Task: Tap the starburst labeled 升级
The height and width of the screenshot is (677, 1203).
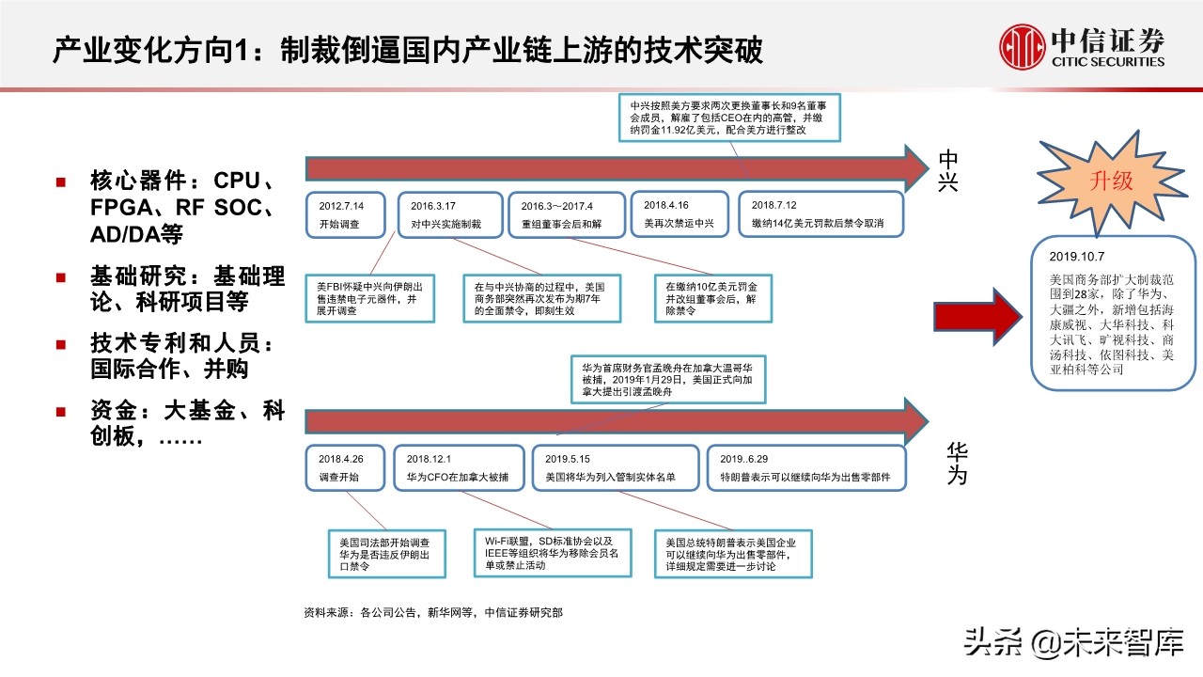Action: click(1110, 181)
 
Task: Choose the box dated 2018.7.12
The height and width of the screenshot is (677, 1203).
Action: click(820, 215)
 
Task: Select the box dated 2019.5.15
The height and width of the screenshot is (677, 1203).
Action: click(615, 467)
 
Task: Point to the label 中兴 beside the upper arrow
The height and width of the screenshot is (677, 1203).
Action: click(949, 170)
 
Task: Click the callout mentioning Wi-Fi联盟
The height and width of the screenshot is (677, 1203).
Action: click(553, 556)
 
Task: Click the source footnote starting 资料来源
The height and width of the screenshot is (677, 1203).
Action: click(433, 612)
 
